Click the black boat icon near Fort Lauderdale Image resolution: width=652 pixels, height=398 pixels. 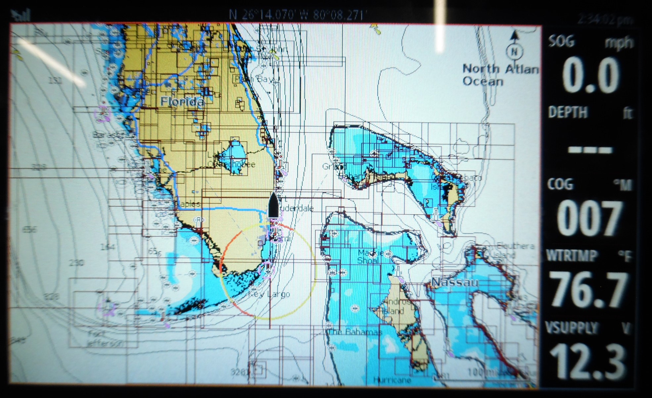273,205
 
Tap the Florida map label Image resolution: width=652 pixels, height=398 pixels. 182,101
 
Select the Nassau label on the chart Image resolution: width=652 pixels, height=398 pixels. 455,282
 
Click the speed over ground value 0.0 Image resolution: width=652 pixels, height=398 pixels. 590,75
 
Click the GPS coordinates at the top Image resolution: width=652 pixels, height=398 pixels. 298,15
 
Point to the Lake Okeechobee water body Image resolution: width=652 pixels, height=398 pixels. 234,154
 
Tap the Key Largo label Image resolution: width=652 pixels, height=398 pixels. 270,294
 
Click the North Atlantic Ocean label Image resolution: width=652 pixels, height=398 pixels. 500,75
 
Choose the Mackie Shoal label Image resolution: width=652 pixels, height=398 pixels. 371,256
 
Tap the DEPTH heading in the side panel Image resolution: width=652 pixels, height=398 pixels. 568,113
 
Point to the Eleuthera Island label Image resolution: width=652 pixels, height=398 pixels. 515,250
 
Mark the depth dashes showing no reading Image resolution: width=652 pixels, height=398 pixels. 590,150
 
